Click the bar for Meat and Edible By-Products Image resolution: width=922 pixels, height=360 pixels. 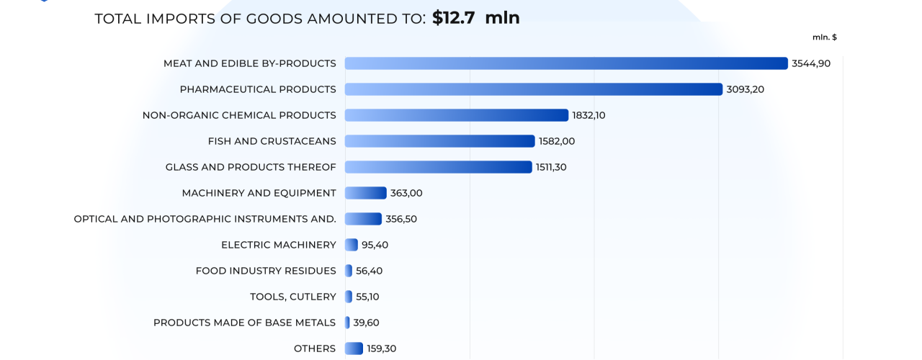(566, 63)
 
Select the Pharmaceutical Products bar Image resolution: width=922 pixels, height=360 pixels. (533, 89)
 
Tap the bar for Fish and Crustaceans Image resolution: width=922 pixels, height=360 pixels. (439, 141)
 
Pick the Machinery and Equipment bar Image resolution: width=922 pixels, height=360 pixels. (365, 193)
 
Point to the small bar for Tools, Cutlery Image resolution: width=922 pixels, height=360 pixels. (349, 297)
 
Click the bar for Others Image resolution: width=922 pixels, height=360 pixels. (354, 348)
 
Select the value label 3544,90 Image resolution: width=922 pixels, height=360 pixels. (811, 63)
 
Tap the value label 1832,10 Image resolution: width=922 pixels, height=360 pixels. (588, 115)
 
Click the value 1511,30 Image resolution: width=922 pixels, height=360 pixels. (551, 167)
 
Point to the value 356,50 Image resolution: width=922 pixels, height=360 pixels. (401, 219)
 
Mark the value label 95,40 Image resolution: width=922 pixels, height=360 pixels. (375, 245)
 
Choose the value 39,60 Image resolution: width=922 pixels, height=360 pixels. (366, 323)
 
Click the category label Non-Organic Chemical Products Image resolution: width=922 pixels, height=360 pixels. (239, 115)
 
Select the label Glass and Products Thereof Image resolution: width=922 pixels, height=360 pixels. (251, 167)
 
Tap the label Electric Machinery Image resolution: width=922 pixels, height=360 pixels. (279, 245)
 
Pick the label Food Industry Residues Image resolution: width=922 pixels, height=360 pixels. (266, 271)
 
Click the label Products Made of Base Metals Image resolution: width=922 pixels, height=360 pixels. (244, 323)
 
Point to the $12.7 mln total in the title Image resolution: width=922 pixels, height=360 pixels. (475, 18)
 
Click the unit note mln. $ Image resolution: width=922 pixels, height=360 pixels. (825, 37)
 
